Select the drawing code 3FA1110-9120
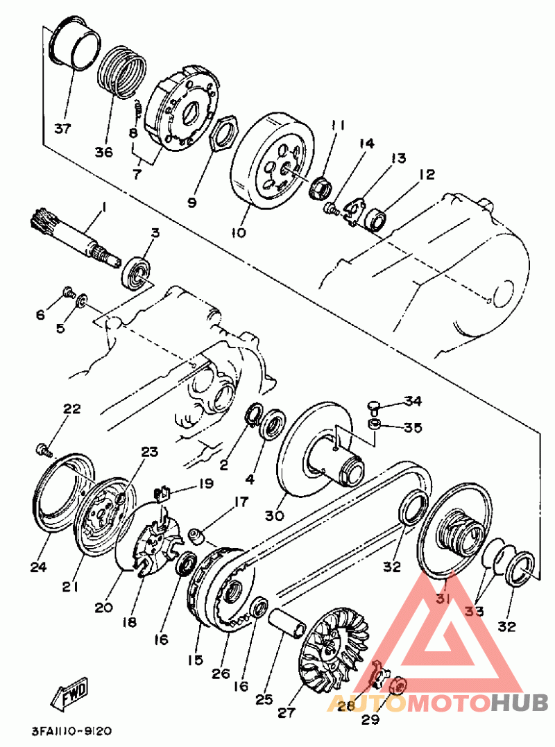(x=71, y=731)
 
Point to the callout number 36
(x=103, y=134)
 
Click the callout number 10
(x=238, y=233)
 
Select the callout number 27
(x=286, y=712)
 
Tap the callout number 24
(x=37, y=567)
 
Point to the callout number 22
(x=72, y=409)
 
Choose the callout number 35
(x=413, y=427)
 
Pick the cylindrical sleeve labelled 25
(x=288, y=624)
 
